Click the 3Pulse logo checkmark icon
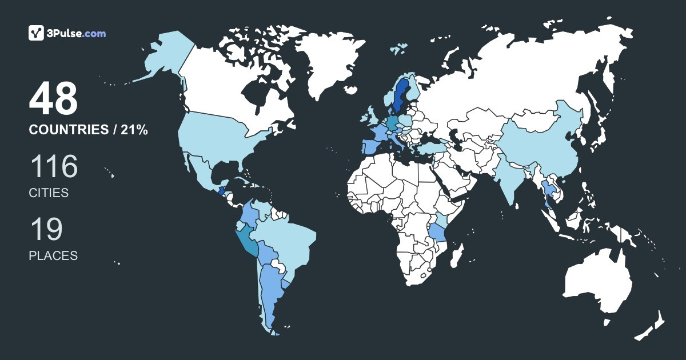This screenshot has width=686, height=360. click(x=37, y=33)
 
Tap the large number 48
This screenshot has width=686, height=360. click(x=53, y=99)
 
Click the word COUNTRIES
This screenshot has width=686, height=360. click(x=68, y=130)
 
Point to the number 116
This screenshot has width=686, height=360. click(x=53, y=167)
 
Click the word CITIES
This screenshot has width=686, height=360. click(x=49, y=193)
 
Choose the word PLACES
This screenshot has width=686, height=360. click(x=53, y=256)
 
